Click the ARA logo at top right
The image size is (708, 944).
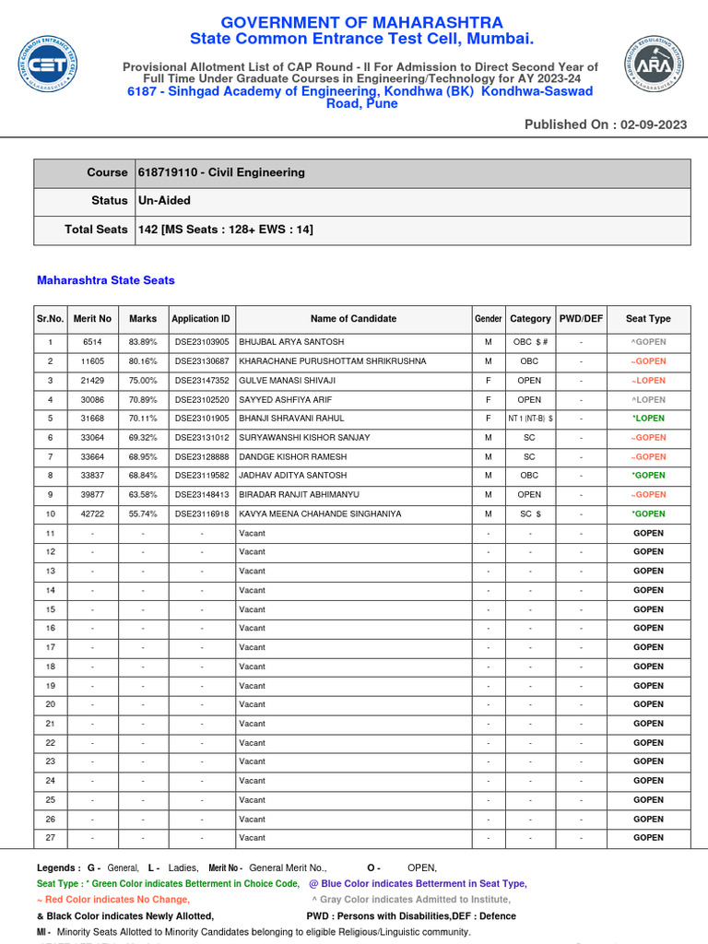pos(654,65)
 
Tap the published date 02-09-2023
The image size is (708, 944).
pos(653,124)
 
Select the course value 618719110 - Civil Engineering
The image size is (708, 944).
pos(221,172)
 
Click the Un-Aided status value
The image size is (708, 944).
pos(164,200)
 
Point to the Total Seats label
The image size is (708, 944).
pos(96,230)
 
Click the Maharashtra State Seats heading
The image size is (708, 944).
pos(105,280)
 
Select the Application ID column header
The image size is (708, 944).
pos(201,319)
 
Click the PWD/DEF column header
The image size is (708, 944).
pos(581,319)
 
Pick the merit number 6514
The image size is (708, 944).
pos(92,342)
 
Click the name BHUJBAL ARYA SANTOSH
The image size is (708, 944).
pos(291,342)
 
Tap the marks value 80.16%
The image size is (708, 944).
pos(143,361)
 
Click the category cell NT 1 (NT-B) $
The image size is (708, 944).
pos(530,419)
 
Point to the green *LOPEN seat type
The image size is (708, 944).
pos(648,419)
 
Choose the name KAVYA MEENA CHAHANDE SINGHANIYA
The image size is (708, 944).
pos(320,513)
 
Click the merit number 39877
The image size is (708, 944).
pos(92,495)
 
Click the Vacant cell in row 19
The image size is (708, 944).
pos(252,686)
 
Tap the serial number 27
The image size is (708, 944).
pos(51,838)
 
